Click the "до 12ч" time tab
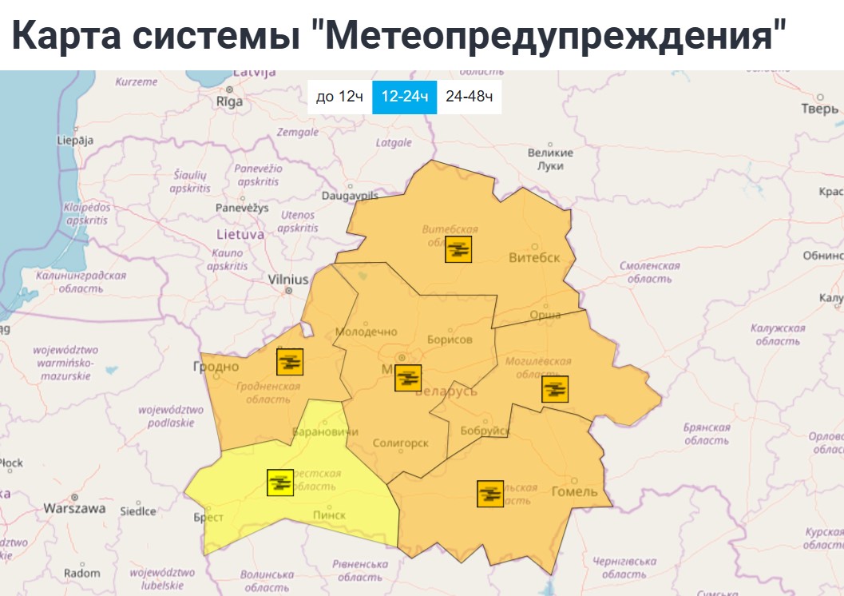(x=339, y=97)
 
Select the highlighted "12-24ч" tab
(x=404, y=97)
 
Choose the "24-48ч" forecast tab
(x=469, y=97)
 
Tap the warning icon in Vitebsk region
(x=458, y=249)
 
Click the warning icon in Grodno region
(x=290, y=362)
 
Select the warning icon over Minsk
(x=408, y=378)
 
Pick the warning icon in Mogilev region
(x=555, y=389)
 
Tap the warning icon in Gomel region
(x=490, y=494)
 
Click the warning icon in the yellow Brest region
(x=279, y=483)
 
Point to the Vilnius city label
(x=288, y=280)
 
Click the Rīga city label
(x=229, y=101)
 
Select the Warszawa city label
(x=74, y=507)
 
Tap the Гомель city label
(x=574, y=491)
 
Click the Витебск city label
(x=534, y=257)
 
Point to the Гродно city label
(x=216, y=367)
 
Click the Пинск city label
(x=329, y=515)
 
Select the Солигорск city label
(x=400, y=443)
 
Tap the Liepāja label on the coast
(x=75, y=140)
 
